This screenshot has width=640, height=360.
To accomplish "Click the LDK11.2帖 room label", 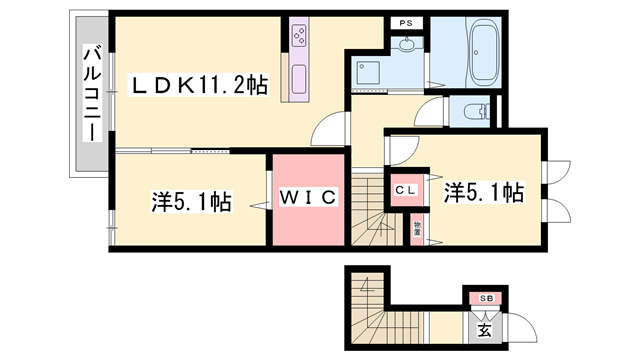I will point(200,87).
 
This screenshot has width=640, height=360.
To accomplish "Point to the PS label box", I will point(405,23).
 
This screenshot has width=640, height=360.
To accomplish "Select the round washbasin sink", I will point(407,44).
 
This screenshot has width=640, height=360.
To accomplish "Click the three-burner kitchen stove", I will point(301,37).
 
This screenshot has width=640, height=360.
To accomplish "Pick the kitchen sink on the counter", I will point(300,77).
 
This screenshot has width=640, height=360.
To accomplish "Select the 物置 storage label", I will point(416,229).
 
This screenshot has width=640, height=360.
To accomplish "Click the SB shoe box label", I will point(484,299).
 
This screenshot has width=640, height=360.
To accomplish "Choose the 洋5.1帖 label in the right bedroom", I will point(483,192).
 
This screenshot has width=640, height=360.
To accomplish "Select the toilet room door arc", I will point(432,112).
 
